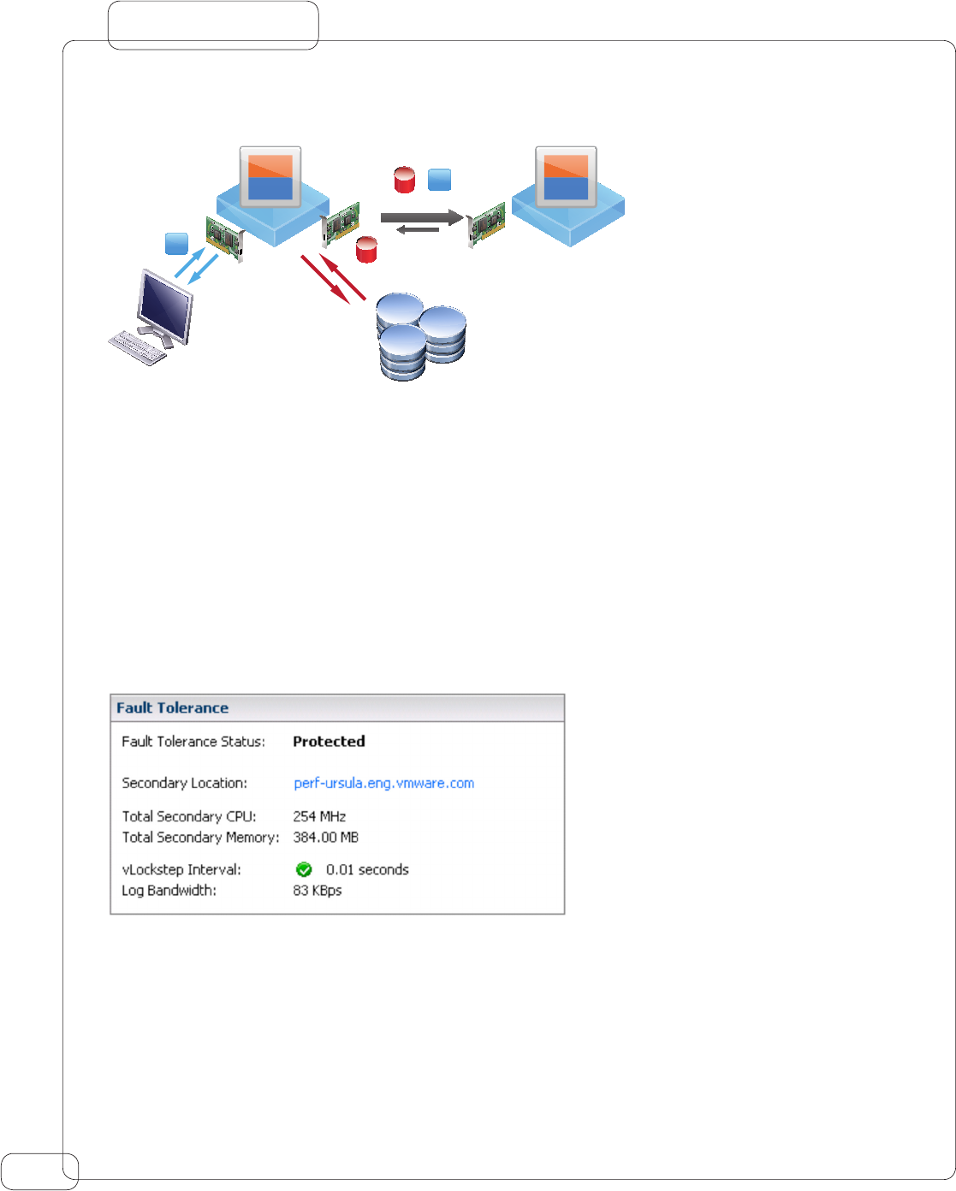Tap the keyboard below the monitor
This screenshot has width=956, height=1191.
tap(138, 347)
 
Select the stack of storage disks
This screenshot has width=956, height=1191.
tap(421, 337)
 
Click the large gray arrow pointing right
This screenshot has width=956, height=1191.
tap(421, 217)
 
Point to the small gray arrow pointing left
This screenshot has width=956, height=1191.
tap(418, 229)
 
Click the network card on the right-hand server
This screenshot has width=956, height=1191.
tap(486, 224)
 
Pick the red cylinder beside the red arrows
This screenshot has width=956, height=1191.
tap(367, 249)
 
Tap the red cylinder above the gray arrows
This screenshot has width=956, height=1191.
tap(404, 180)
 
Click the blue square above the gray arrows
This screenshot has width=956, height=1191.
tap(439, 180)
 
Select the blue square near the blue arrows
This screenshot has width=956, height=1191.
tap(176, 244)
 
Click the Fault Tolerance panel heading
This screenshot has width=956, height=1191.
tap(173, 708)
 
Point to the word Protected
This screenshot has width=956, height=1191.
tap(329, 742)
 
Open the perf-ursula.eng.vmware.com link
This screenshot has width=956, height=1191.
tap(383, 783)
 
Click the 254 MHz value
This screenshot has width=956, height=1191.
tap(319, 816)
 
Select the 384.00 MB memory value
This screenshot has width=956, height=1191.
tap(325, 837)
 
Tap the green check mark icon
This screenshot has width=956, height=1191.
tap(304, 869)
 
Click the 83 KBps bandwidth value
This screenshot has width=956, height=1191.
tap(317, 891)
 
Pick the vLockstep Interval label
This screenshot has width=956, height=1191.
tap(181, 869)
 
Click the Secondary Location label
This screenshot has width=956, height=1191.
tap(184, 783)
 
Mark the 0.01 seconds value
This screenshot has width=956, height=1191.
tap(367, 869)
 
